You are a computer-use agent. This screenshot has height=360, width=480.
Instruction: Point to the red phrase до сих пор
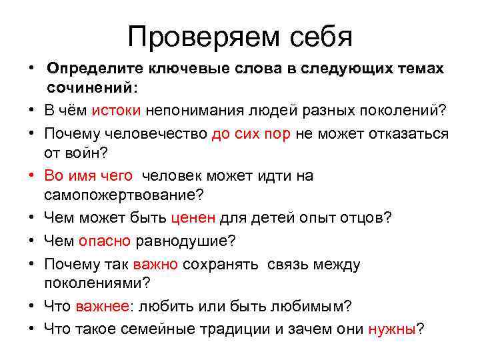point(251,133)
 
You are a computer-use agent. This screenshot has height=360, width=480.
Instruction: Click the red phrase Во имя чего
point(89,175)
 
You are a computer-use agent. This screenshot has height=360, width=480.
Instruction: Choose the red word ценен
point(193,218)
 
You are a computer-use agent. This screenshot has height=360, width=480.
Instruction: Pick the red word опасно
point(105,241)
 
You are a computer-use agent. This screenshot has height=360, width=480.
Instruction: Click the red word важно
point(155,263)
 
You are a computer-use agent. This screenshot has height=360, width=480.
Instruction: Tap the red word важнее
point(104,306)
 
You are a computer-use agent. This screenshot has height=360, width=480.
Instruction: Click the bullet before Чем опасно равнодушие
point(31,241)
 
